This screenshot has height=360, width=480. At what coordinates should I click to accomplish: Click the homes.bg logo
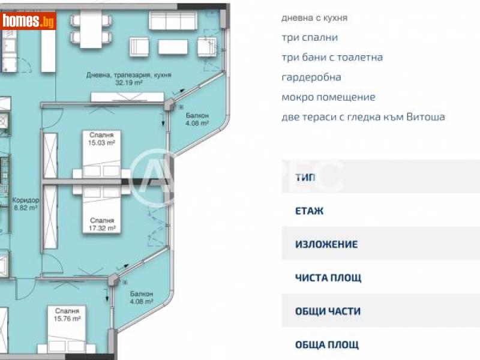coord(29,22)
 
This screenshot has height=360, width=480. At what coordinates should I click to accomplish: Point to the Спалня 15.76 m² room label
coord(67,315)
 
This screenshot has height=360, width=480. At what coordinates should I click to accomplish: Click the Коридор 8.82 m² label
coord(25,205)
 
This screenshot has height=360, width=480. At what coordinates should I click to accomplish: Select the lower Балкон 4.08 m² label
coord(142,298)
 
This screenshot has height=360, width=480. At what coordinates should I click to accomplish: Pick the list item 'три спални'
coord(310,37)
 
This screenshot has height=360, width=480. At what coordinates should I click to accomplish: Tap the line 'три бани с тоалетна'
coord(332,58)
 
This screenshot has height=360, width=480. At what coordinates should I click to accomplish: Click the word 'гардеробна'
coord(311,77)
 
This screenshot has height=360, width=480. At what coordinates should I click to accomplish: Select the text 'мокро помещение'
coord(328,97)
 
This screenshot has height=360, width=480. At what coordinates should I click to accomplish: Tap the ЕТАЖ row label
coord(309,211)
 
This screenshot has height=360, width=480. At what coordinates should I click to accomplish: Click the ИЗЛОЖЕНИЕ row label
coord(326,244)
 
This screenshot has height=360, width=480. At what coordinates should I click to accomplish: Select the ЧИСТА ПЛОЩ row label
coord(328,278)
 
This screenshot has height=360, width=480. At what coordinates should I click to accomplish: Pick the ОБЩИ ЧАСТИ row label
coord(328,311)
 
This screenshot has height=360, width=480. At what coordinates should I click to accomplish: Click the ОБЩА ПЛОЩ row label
coord(326,344)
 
